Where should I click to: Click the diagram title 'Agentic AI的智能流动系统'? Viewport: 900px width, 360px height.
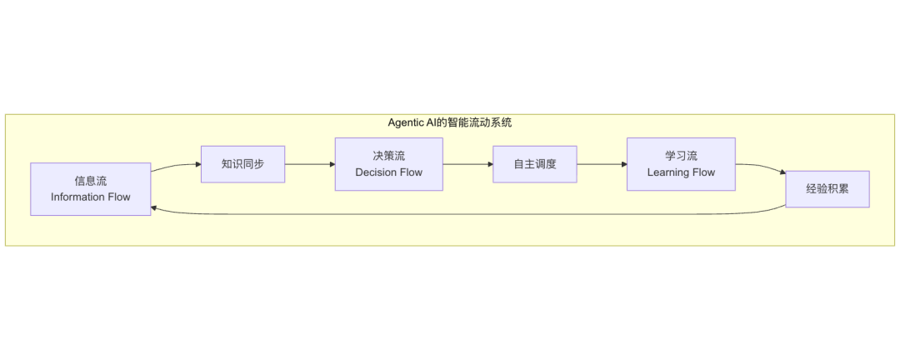449,122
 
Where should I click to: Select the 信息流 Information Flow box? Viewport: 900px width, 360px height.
90,189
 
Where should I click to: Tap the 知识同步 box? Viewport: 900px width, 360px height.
242,164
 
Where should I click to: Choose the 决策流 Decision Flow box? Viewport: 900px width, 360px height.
388,164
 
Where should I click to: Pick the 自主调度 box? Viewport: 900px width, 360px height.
534,164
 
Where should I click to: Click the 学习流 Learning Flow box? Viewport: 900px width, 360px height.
681,164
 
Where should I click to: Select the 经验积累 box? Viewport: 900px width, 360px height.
827,189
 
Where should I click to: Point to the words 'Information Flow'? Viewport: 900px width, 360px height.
90,197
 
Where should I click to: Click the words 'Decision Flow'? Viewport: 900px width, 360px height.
388,172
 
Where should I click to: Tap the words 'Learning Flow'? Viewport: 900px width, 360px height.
681,172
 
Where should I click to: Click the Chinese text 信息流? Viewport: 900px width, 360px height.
90,181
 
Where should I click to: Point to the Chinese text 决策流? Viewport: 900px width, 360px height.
388,156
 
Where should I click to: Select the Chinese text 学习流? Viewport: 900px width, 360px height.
681,156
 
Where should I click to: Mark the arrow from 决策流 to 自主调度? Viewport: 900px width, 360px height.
467,164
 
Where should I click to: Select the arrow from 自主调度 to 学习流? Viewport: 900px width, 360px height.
600,164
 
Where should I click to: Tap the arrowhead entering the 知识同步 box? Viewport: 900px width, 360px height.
197,164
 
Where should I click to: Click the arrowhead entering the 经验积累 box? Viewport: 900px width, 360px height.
782,173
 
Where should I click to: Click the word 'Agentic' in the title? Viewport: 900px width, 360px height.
406,122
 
